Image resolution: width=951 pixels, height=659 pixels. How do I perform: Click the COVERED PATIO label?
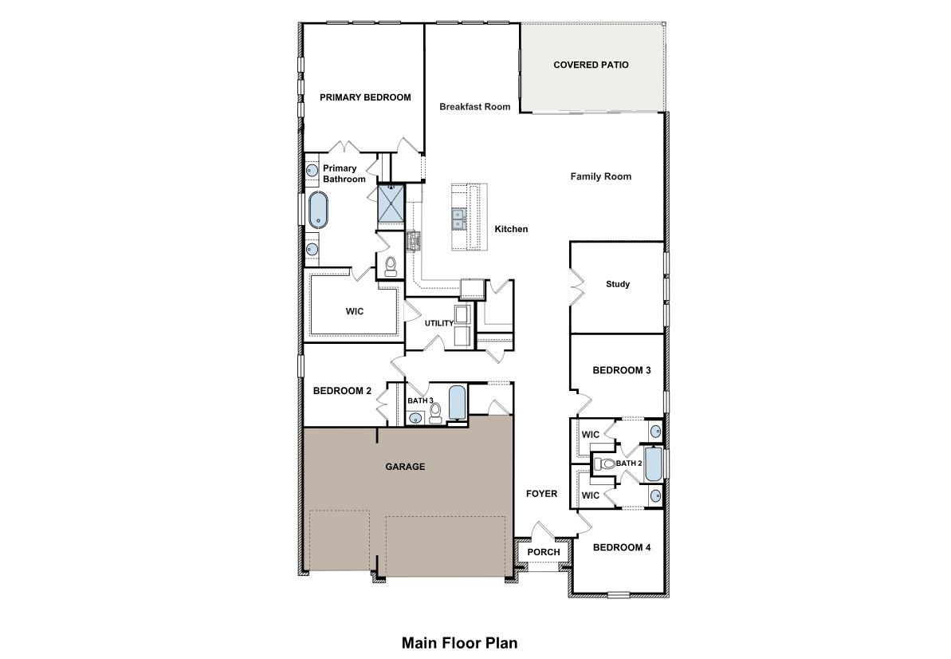click(x=591, y=65)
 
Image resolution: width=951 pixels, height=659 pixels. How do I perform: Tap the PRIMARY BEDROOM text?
click(x=365, y=97)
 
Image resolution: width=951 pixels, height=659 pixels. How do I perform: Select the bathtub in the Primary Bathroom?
click(x=318, y=211)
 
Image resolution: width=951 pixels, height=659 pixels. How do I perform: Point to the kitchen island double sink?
click(x=459, y=219)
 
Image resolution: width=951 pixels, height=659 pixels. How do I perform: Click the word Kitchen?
click(x=511, y=229)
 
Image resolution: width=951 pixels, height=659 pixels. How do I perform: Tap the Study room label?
click(x=618, y=284)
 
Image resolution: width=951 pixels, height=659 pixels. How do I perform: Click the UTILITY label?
click(x=438, y=323)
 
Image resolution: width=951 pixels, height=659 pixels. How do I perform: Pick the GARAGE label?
click(x=406, y=467)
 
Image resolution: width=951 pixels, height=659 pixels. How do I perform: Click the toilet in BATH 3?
click(x=435, y=412)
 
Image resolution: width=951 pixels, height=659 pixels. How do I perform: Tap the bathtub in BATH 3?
click(x=457, y=403)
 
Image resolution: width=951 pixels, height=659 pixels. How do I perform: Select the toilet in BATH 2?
click(x=605, y=464)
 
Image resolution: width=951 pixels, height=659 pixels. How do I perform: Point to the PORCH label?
click(x=544, y=552)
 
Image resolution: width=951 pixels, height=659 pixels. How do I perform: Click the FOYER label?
click(x=541, y=494)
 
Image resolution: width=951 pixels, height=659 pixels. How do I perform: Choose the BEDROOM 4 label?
click(x=622, y=547)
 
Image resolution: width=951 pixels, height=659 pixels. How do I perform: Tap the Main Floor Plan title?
click(x=459, y=642)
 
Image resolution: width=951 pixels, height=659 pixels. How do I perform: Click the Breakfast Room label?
click(x=475, y=106)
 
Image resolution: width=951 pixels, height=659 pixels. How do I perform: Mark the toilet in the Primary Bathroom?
click(x=391, y=266)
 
